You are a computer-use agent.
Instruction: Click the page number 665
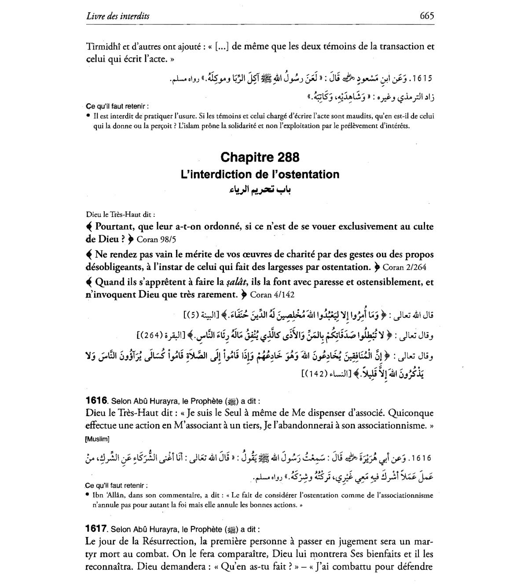[426, 16]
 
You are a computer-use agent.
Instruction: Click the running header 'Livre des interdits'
[118, 16]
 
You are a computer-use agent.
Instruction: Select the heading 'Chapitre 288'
[260, 157]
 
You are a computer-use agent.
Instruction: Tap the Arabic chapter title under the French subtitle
[260, 190]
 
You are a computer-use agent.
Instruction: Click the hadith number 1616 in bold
[97, 401]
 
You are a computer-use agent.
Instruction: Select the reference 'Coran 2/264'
[404, 267]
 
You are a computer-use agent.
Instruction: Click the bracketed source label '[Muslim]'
[97, 438]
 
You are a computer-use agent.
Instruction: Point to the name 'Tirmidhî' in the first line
[102, 46]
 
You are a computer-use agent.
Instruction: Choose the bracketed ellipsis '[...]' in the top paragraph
[222, 47]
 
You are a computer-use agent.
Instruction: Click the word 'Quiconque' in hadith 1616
[412, 413]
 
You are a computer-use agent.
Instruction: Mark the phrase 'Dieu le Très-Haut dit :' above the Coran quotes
[120, 215]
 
